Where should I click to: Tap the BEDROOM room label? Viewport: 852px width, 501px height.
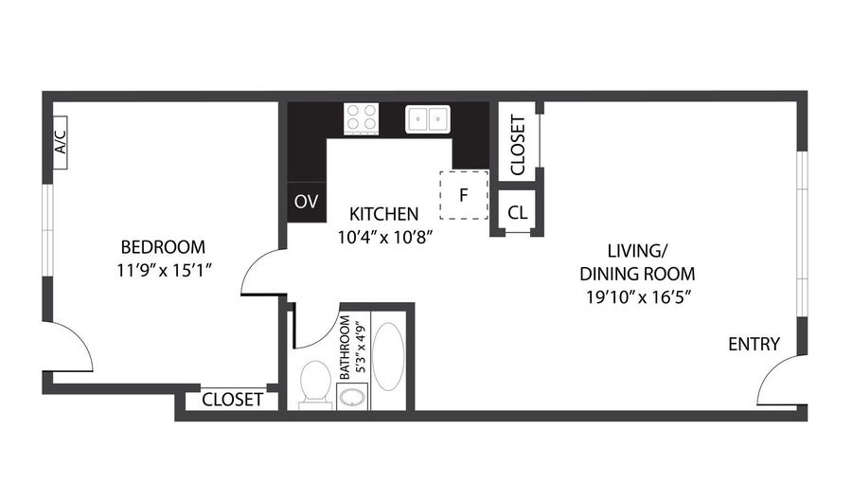pyautogui.click(x=156, y=247)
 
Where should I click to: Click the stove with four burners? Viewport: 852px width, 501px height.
pyautogui.click(x=361, y=119)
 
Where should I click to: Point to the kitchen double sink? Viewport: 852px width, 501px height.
pyautogui.click(x=428, y=119)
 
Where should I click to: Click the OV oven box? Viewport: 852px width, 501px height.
pyautogui.click(x=305, y=202)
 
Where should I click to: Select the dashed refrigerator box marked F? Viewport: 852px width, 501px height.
pyautogui.click(x=464, y=196)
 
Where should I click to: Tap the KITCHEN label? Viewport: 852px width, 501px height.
pyautogui.click(x=383, y=213)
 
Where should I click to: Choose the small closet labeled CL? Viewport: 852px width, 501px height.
pyautogui.click(x=517, y=212)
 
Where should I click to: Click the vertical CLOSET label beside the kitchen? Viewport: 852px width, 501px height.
pyautogui.click(x=518, y=145)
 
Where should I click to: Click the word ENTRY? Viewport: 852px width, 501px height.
pyautogui.click(x=754, y=344)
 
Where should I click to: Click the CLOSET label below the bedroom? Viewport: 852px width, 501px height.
pyautogui.click(x=232, y=400)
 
